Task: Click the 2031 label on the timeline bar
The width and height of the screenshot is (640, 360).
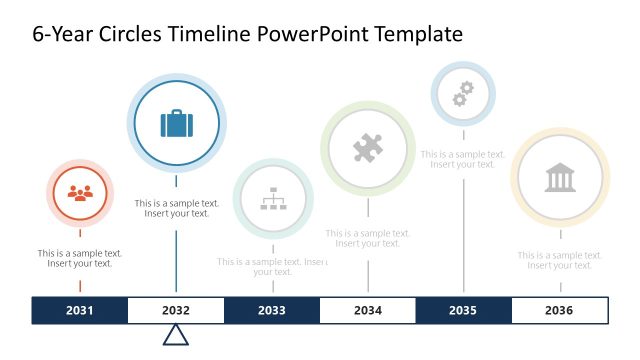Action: (x=80, y=311)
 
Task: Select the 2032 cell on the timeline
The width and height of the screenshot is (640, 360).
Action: (x=176, y=311)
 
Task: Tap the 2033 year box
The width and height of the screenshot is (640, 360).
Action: (x=272, y=311)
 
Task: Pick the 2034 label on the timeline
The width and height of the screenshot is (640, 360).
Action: (x=367, y=311)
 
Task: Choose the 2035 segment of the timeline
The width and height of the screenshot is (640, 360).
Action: (x=463, y=311)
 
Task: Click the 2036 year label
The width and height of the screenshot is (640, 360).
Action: (x=559, y=311)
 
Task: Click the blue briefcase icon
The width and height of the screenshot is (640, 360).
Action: (x=177, y=124)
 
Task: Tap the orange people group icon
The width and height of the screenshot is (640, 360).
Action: (x=80, y=193)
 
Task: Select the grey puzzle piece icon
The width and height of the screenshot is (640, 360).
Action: (x=368, y=149)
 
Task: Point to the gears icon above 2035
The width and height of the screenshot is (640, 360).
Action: (x=463, y=94)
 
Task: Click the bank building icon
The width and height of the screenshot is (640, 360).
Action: (x=560, y=178)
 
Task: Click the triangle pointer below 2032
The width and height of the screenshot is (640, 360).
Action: (x=176, y=335)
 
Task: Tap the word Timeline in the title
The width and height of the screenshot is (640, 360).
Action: (x=208, y=34)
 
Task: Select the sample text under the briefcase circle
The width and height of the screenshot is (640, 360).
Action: (x=177, y=208)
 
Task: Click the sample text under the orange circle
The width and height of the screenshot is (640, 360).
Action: (x=80, y=258)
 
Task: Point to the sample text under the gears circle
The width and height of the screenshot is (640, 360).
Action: (x=463, y=159)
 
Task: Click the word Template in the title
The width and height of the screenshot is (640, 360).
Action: (x=416, y=34)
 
